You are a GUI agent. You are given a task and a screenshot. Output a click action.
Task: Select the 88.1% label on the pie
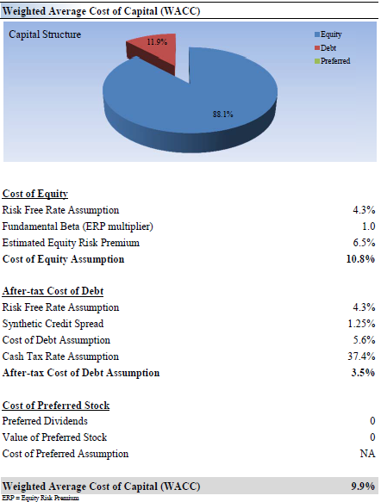click(222, 115)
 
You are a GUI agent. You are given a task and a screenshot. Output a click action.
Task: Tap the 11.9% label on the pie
click(157, 42)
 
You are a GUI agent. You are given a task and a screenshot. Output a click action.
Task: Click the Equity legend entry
click(328, 34)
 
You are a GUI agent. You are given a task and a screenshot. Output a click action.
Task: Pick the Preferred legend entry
click(332, 61)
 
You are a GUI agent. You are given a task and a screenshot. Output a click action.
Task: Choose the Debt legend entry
click(325, 47)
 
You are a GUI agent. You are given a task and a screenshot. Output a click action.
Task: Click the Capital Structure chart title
click(45, 34)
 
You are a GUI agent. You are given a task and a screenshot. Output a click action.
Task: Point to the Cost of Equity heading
click(35, 194)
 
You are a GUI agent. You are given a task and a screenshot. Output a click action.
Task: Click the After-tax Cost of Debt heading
click(53, 291)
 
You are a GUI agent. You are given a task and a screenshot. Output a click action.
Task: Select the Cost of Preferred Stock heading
click(56, 406)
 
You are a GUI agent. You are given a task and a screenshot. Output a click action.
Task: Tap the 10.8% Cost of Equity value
click(360, 258)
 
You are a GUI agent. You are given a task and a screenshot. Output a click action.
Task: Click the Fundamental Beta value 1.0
click(369, 226)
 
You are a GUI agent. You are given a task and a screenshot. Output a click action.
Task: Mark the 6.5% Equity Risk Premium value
click(364, 242)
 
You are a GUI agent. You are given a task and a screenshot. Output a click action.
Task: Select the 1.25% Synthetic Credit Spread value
click(361, 324)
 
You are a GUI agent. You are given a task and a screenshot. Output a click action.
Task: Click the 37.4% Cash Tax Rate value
click(361, 356)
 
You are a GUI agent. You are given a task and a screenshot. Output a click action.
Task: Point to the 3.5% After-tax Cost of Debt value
click(363, 372)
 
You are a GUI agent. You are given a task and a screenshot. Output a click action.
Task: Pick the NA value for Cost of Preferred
click(367, 453)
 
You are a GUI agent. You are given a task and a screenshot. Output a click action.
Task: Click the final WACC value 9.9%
click(363, 486)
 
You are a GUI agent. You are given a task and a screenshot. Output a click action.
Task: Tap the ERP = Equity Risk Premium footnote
click(41, 498)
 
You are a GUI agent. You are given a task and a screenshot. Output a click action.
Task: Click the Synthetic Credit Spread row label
click(53, 324)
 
